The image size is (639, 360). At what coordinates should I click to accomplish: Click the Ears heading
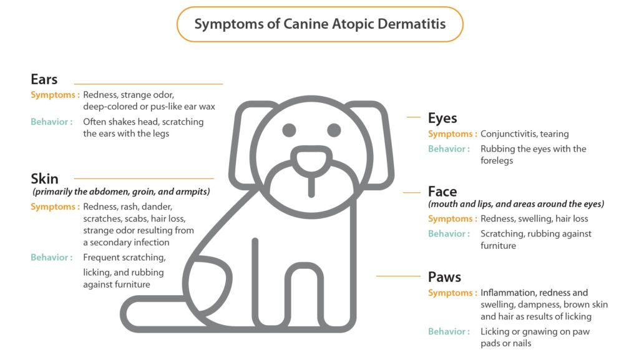click(44, 79)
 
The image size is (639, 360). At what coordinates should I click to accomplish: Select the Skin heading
click(44, 178)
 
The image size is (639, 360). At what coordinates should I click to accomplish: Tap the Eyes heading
click(442, 118)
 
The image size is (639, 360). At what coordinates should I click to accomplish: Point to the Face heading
click(442, 192)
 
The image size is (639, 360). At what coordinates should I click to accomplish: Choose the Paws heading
click(444, 277)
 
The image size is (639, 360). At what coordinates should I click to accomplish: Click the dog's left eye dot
click(290, 130)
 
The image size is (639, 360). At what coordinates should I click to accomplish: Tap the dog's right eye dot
click(334, 130)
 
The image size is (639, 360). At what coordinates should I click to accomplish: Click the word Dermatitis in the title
click(412, 24)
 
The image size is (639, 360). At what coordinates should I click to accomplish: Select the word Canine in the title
click(306, 24)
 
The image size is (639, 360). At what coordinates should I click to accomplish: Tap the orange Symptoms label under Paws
click(452, 293)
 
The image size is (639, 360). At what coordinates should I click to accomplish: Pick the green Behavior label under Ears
click(52, 122)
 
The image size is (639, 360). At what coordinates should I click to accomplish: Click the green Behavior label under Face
click(449, 233)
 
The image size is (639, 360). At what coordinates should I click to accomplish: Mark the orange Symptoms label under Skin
click(55, 207)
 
